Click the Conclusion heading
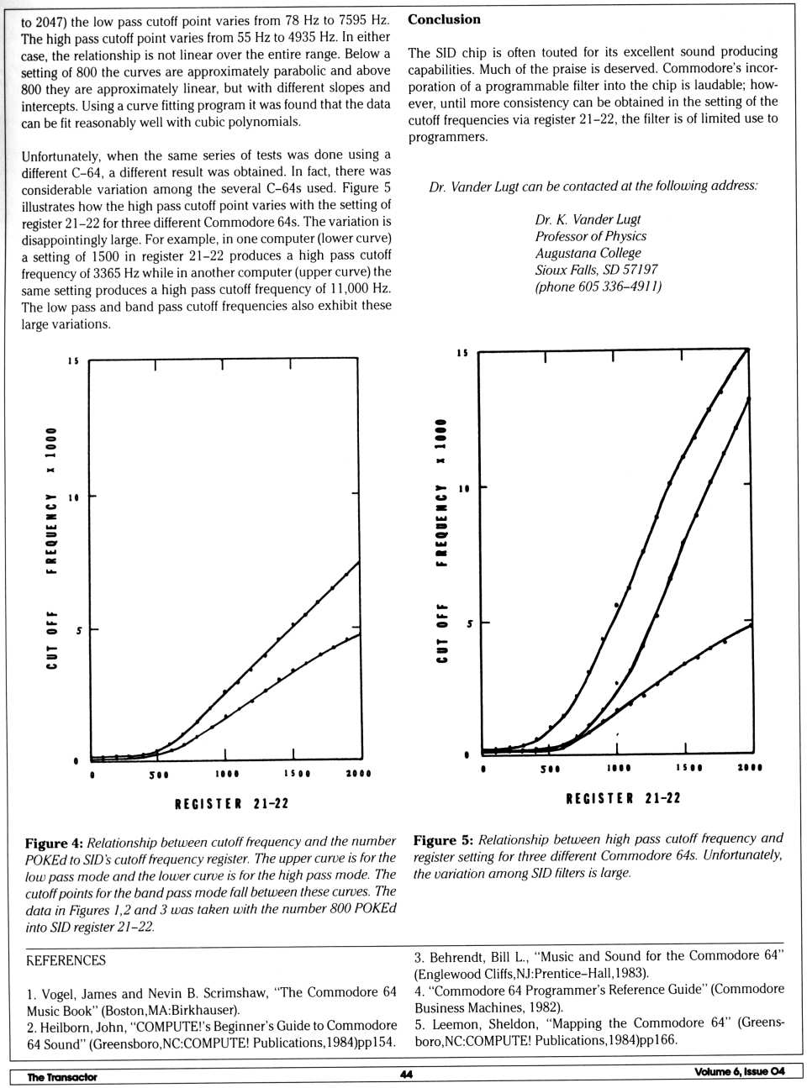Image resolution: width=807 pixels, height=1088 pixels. click(444, 19)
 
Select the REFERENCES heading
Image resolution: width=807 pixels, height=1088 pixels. click(66, 960)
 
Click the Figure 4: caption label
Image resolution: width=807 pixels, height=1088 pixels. click(54, 843)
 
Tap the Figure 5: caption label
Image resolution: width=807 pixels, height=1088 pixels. click(443, 839)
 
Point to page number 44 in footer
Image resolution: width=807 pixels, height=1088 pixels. click(406, 1075)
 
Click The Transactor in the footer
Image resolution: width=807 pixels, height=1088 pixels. click(62, 1077)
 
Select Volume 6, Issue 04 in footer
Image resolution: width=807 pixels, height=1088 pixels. click(739, 1071)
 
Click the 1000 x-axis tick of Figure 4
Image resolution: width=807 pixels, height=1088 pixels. click(226, 774)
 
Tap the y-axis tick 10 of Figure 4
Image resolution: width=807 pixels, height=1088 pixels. click(73, 497)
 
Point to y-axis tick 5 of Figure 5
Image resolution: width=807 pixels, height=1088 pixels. click(469, 623)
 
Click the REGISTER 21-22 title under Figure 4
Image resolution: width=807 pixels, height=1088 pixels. click(231, 804)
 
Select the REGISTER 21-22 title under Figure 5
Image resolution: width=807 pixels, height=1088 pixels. click(623, 798)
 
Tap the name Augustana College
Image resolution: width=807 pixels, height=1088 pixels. click(588, 253)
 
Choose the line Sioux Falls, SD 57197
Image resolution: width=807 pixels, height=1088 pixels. click(596, 270)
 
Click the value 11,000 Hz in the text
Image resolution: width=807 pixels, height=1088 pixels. click(355, 289)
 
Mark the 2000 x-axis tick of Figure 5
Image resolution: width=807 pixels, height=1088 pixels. click(749, 768)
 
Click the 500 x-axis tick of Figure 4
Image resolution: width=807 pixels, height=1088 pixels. click(158, 774)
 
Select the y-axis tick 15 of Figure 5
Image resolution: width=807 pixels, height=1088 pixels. click(462, 353)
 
